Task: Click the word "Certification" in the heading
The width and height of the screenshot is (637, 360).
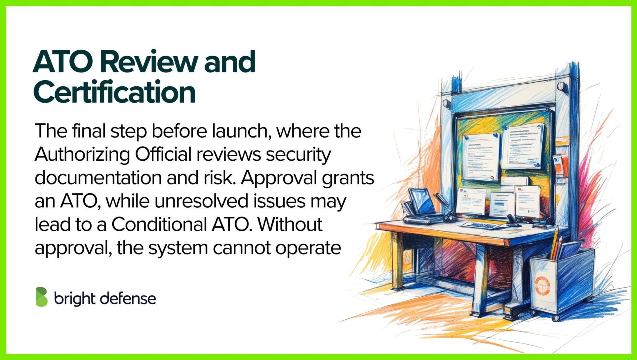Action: click(x=114, y=92)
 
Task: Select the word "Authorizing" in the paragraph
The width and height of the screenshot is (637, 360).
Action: click(x=82, y=155)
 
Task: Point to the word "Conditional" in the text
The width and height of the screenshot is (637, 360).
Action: click(x=159, y=224)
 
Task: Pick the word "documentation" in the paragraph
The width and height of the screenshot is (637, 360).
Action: click(x=98, y=178)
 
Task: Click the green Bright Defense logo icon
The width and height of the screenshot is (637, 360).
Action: click(x=42, y=297)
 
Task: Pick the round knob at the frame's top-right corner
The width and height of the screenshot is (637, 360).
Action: click(x=562, y=86)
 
